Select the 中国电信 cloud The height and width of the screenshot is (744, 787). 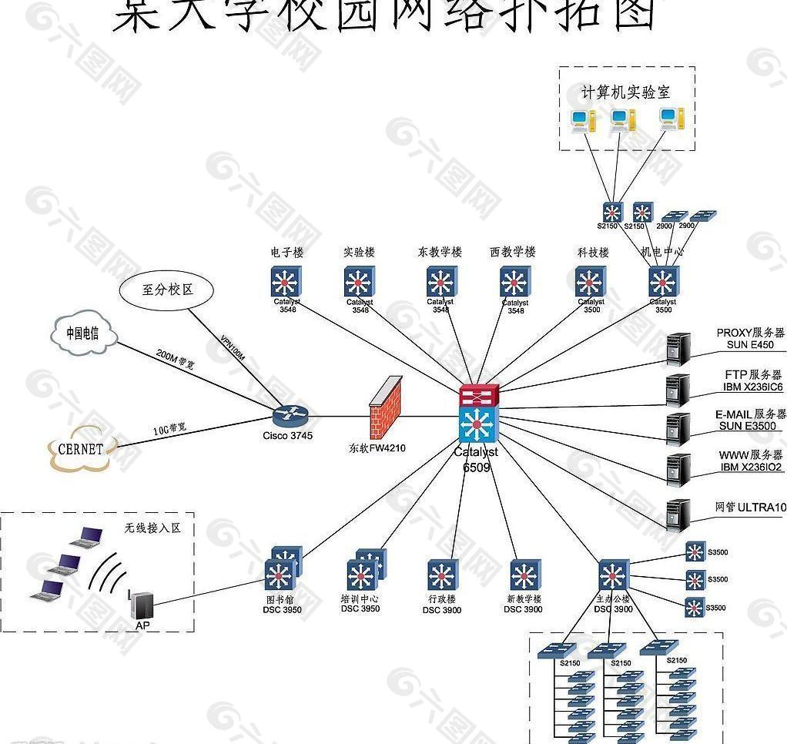click(83, 333)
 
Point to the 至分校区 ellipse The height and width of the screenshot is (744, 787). click(167, 290)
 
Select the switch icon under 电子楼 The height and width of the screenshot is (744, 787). click(286, 282)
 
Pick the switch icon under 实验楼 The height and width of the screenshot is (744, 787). click(360, 282)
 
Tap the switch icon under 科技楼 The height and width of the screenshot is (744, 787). click(591, 282)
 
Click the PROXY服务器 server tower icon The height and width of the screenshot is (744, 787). click(678, 349)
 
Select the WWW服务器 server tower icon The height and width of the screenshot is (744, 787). click(678, 469)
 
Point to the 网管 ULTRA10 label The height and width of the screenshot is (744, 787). click(750, 508)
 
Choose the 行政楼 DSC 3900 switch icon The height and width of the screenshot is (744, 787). click(443, 575)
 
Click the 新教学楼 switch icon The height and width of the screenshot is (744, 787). click(524, 575)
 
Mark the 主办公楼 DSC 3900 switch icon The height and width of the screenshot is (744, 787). click(613, 575)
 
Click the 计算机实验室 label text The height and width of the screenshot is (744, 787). click(625, 92)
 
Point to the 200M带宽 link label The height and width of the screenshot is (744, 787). click(175, 359)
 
